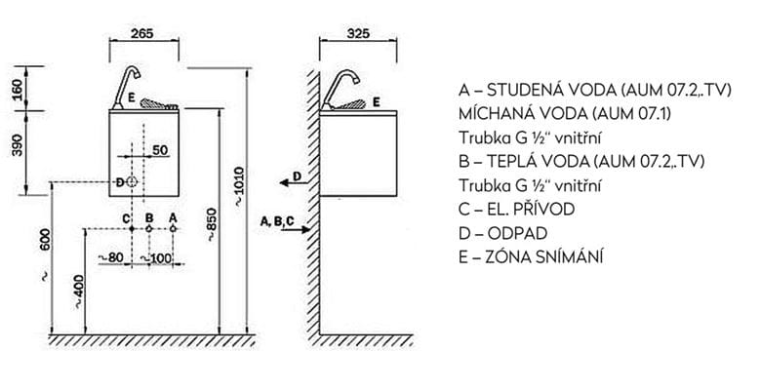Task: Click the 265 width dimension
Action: pyautogui.click(x=142, y=33)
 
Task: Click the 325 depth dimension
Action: pyautogui.click(x=358, y=33)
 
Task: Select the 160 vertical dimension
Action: pyautogui.click(x=17, y=90)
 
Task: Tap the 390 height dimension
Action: pyautogui.click(x=17, y=145)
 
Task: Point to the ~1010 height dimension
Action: pyautogui.click(x=240, y=186)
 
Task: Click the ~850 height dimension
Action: pyautogui.click(x=212, y=224)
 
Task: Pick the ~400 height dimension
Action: pyautogui.click(x=79, y=293)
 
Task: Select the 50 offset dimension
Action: pyautogui.click(x=160, y=150)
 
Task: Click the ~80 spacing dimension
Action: pyautogui.click(x=110, y=257)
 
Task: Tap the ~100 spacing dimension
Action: pyautogui.click(x=156, y=258)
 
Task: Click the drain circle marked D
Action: pyautogui.click(x=132, y=182)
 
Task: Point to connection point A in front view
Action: pyautogui.click(x=173, y=228)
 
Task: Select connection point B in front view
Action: pyautogui.click(x=149, y=228)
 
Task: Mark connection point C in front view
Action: pyautogui.click(x=132, y=228)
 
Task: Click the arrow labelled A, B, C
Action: pyautogui.click(x=295, y=229)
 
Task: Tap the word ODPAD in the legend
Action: pyautogui.click(x=517, y=233)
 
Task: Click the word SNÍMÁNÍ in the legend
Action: pyautogui.click(x=570, y=256)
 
